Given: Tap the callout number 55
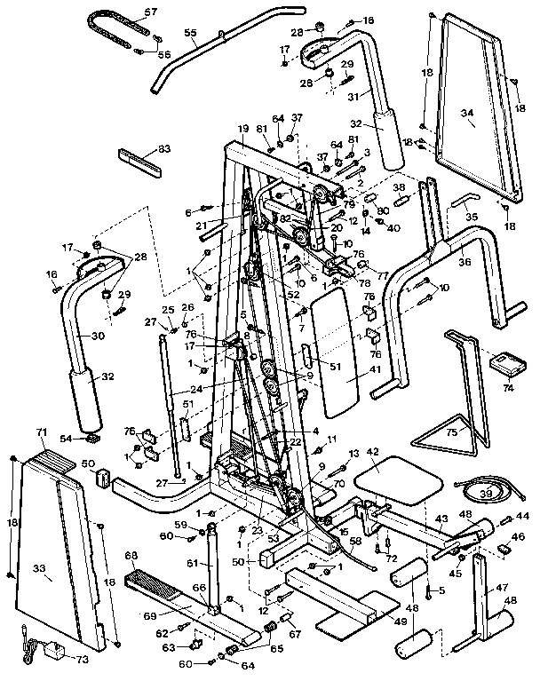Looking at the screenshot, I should pos(189,32).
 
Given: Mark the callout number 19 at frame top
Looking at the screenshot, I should pos(242,130).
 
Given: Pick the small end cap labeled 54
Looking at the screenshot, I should pos(91,439).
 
